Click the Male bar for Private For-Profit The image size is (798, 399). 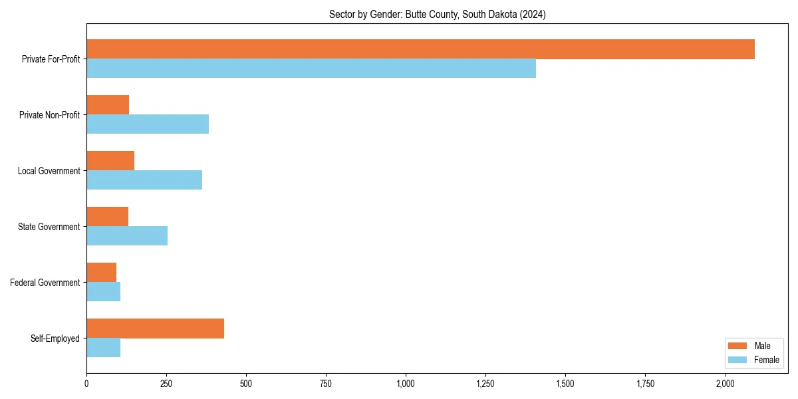click(x=420, y=49)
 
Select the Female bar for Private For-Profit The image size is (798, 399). click(x=311, y=68)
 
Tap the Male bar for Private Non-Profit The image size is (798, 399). click(x=108, y=105)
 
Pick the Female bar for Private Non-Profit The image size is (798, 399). click(x=148, y=124)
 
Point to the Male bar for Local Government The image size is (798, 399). click(x=110, y=161)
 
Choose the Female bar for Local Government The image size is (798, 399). click(x=144, y=180)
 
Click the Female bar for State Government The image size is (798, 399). click(x=127, y=236)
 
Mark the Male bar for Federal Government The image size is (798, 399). click(x=101, y=273)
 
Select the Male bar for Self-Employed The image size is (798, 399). click(x=155, y=329)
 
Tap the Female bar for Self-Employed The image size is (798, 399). click(x=103, y=348)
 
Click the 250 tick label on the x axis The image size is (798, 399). click(x=166, y=384)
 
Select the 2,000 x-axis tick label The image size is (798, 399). click(x=725, y=384)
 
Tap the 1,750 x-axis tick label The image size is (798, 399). click(x=645, y=384)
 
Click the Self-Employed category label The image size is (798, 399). click(x=55, y=338)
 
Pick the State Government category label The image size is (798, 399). click(x=49, y=227)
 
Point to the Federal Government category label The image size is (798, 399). click(x=45, y=283)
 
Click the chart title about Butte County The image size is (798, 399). click(x=437, y=15)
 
